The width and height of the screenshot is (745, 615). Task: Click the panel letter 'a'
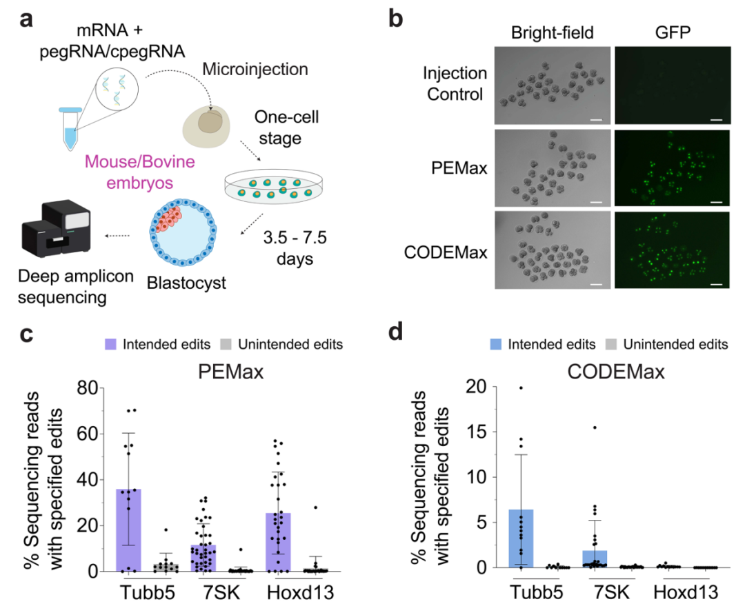pos(27,20)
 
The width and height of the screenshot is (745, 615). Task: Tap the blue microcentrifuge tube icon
pos(70,128)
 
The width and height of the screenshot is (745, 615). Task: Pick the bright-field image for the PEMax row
pos(553,168)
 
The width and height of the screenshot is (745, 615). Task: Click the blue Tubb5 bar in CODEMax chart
pos(521,538)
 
